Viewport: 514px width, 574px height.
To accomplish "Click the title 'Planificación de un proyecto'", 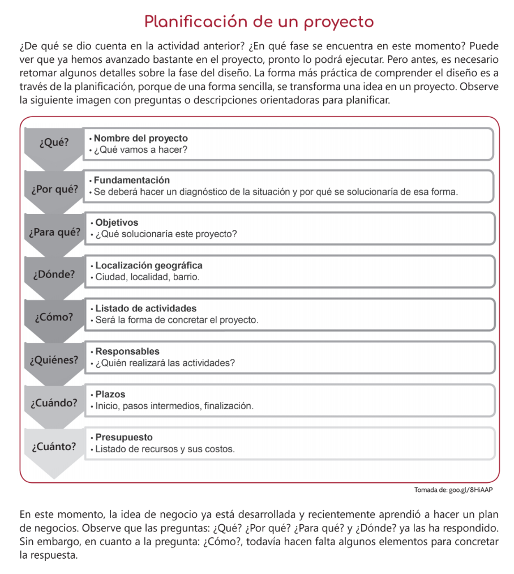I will (259, 22).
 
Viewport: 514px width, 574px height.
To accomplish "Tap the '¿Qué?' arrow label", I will (54, 143).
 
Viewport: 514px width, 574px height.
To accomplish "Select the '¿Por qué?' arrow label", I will (54, 189).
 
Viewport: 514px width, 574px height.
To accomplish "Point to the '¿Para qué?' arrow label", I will (54, 232).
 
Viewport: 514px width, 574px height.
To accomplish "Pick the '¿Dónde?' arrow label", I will (54, 275).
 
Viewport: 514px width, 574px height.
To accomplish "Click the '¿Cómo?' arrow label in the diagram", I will (54, 317).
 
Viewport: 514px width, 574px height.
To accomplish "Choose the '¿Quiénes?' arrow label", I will (54, 360).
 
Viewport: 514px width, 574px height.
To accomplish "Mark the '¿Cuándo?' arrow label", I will (54, 403).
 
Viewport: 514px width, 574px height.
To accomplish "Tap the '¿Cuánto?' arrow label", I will (54, 446).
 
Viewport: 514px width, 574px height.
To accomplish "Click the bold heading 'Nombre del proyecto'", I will (140, 138).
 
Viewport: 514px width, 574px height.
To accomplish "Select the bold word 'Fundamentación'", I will (131, 180).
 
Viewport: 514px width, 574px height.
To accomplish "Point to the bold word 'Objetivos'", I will (117, 222).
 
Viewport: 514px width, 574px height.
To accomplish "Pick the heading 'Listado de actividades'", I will (146, 309).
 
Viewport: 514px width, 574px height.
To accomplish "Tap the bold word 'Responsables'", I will (127, 352).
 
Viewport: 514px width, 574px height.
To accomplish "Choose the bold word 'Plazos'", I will (110, 394).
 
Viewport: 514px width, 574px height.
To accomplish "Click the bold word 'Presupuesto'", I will (124, 438).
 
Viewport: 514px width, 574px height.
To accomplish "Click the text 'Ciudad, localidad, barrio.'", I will (147, 277).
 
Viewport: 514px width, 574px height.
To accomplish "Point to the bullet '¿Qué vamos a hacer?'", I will (140, 150).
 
